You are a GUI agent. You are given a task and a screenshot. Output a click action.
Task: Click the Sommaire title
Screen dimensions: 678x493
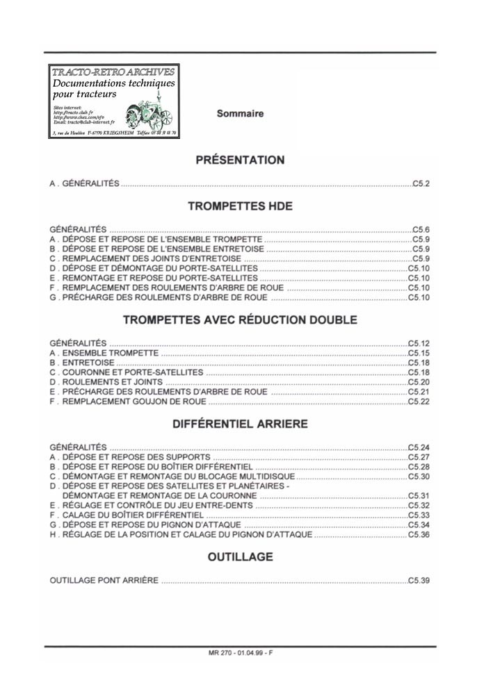240,113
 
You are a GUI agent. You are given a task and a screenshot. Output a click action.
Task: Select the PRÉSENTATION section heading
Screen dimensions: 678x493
240,160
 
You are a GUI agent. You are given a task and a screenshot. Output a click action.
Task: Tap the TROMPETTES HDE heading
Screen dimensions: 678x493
240,206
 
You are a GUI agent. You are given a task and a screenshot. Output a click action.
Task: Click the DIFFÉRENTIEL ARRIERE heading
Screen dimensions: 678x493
240,423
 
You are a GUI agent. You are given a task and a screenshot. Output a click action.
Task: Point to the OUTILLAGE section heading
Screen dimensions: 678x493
240,557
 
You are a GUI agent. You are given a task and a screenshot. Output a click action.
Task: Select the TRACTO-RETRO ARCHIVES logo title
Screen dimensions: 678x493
113,72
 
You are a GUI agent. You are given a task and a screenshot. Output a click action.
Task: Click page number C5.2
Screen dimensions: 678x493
421,184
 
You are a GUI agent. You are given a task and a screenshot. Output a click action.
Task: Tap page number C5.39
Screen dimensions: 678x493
419,580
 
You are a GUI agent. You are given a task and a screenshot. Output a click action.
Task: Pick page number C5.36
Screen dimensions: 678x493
419,536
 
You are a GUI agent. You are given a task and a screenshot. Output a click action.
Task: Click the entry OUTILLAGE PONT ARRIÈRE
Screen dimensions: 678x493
104,580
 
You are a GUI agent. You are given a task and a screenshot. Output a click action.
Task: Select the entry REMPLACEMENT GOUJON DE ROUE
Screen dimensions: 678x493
128,402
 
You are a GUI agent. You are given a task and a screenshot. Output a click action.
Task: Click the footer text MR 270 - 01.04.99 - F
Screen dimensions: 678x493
240,654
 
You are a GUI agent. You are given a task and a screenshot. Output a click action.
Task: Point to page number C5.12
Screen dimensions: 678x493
419,343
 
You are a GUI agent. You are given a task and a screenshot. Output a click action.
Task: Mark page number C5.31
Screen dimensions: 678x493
419,496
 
